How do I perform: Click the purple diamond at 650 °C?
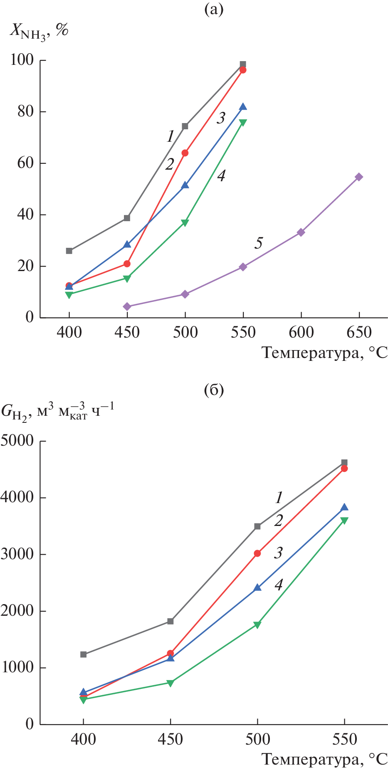pos(359,177)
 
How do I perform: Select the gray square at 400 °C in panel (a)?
pos(69,251)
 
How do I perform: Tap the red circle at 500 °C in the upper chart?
pos(185,153)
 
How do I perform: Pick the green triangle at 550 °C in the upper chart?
pos(243,123)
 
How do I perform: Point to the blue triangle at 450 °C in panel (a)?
pos(127,244)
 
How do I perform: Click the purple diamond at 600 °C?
pos(301,232)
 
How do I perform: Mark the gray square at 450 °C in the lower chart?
pos(171,621)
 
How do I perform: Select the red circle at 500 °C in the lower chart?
pos(257,553)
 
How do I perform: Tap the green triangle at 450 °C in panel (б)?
pos(171,683)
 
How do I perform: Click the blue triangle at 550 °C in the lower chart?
pos(344,507)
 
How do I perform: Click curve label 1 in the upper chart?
pos(170,136)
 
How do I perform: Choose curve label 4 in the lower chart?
pos(279,585)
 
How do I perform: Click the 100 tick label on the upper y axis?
pos(22,60)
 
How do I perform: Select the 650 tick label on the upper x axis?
pos(359,333)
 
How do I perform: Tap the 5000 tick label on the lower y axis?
pos(17,441)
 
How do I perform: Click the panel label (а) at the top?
pos(214,9)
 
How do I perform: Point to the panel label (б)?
pos(214,390)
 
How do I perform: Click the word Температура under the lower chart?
pos(310,759)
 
